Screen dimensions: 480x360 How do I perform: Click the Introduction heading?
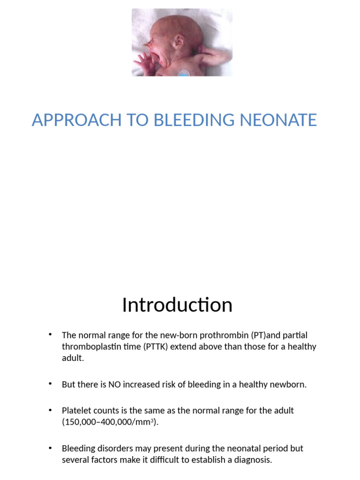point(177,305)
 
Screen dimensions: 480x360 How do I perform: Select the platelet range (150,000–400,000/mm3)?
point(110,422)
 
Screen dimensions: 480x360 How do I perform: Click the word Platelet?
point(76,411)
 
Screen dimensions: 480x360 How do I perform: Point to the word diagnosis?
point(254,460)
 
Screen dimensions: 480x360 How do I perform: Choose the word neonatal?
point(224,449)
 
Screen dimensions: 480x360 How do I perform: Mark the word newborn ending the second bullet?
point(290,385)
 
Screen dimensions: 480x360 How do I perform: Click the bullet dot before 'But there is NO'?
point(50,384)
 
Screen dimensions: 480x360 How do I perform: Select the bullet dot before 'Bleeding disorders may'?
point(50,448)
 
